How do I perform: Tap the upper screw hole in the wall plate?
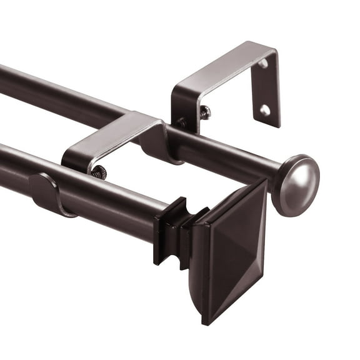[262, 63]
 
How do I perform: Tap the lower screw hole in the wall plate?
[265, 110]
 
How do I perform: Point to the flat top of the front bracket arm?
[112, 134]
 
